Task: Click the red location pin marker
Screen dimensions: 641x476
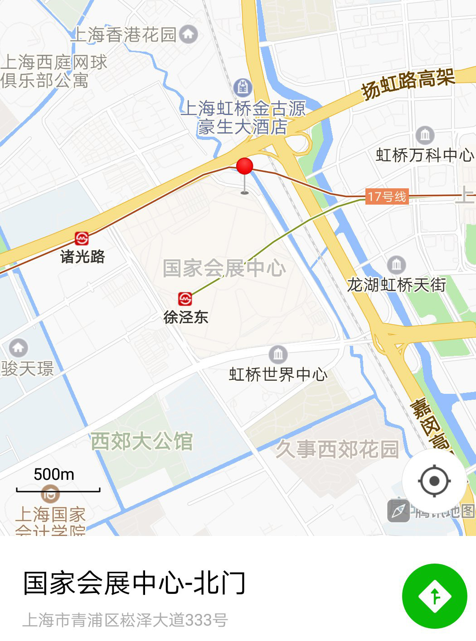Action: (244, 167)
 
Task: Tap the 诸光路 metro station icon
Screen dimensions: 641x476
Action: (82, 238)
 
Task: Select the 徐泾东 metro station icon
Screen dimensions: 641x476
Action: (185, 299)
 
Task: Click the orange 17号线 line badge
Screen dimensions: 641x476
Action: (387, 196)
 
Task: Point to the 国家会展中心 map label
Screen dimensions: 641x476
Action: (224, 268)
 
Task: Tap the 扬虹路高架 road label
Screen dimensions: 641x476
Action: (408, 83)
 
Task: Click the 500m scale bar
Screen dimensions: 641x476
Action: (58, 489)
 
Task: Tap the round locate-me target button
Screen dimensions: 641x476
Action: (434, 480)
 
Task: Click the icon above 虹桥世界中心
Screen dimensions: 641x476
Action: (278, 354)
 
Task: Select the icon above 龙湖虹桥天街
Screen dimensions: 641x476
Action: (397, 264)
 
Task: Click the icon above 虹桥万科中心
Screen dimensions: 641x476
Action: (425, 134)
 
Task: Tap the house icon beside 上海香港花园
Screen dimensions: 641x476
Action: (189, 34)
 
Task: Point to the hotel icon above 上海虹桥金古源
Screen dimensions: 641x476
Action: (243, 87)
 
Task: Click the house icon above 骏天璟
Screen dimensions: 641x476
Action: (18, 348)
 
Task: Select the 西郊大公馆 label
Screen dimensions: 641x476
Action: (142, 441)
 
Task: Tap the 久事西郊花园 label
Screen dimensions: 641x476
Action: (337, 450)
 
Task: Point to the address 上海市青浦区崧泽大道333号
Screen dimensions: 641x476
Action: (125, 620)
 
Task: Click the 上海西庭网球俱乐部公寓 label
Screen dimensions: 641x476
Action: (53, 71)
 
